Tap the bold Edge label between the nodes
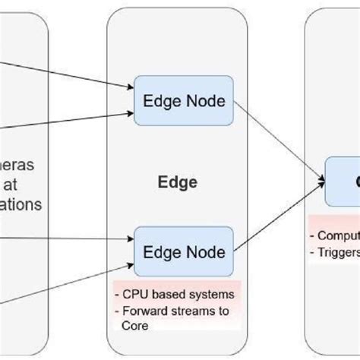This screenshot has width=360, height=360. [x=177, y=182]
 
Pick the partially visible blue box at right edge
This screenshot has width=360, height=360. [x=343, y=182]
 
